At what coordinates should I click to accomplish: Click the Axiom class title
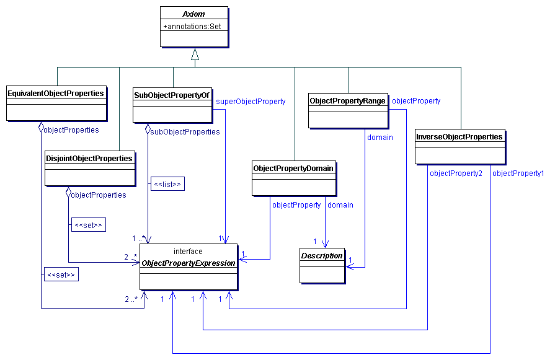pos(194,14)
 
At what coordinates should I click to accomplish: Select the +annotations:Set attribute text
pos(192,26)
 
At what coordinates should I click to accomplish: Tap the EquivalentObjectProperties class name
pos(56,94)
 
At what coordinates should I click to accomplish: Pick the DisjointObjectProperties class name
pos(89,159)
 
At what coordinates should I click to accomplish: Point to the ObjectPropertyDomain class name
pos(293,168)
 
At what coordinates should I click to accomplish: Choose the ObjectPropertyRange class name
pos(347,100)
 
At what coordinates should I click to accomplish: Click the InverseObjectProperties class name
pos(459,137)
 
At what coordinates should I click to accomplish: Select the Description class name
pos(322,255)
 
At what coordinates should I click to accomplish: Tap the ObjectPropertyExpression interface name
pos(189,263)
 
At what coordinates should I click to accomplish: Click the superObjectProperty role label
pos(251,101)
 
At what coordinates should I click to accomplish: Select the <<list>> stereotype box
pos(167,184)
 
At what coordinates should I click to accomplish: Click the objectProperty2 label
pos(456,173)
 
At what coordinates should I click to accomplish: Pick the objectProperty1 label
pos(518,173)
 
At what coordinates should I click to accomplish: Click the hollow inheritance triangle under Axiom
pos(195,55)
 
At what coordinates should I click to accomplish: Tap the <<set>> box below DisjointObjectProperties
pos(88,225)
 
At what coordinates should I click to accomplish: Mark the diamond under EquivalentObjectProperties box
pos(41,127)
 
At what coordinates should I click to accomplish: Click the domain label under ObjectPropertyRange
pos(380,137)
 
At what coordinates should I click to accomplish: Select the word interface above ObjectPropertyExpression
pos(188,252)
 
